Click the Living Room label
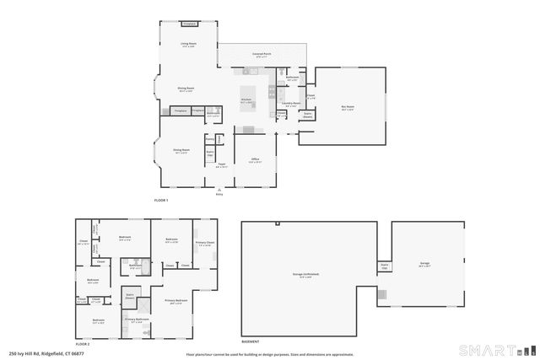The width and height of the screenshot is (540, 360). click(187, 44)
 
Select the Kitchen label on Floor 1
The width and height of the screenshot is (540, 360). click(246, 99)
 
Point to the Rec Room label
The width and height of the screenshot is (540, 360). click(347, 106)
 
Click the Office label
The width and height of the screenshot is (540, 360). click(254, 159)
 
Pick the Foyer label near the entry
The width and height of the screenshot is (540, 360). click(221, 165)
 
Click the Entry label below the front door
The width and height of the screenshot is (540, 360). click(219, 194)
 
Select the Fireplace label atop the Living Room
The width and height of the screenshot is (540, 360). click(189, 24)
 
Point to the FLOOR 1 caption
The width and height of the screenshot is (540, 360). click(161, 201)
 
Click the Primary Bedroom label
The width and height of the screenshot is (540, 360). click(175, 301)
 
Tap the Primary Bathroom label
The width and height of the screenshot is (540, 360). click(137, 320)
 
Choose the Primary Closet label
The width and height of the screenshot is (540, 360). click(204, 243)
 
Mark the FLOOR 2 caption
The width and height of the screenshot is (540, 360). click(82, 344)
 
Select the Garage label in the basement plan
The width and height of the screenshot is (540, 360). click(425, 263)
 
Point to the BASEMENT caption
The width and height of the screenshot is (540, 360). click(251, 341)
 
